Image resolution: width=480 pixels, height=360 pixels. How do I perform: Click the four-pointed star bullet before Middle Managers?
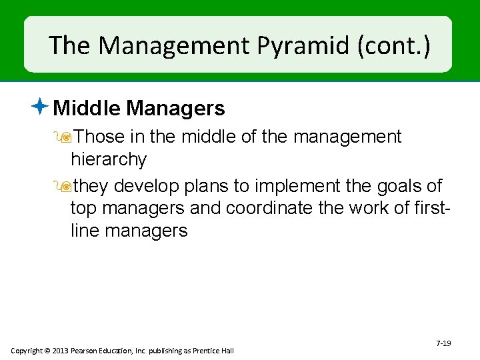(40, 106)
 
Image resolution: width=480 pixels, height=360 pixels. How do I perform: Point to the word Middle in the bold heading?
(88, 107)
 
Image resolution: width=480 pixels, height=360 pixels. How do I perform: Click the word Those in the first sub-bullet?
(99, 137)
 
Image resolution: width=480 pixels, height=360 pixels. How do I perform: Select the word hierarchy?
(108, 159)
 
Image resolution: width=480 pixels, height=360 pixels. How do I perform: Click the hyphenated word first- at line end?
(433, 208)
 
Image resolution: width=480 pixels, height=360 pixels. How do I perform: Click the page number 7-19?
(443, 343)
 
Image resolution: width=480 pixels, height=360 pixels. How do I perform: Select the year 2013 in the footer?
(63, 351)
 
